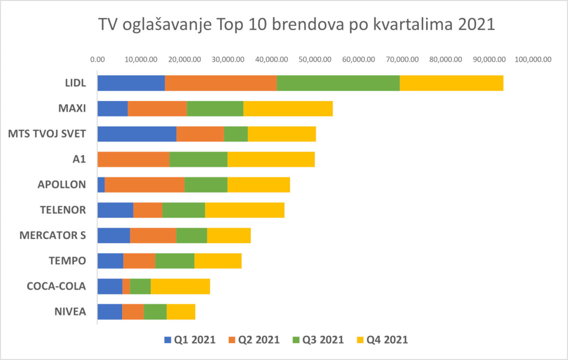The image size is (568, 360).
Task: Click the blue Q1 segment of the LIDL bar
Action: pyautogui.click(x=131, y=83)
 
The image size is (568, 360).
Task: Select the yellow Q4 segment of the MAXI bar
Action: pyautogui.click(x=288, y=108)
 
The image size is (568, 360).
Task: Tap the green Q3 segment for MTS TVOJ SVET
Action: pyautogui.click(x=236, y=134)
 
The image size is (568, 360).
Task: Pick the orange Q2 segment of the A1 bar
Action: pyautogui.click(x=133, y=159)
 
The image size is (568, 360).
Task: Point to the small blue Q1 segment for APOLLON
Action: pyautogui.click(x=101, y=185)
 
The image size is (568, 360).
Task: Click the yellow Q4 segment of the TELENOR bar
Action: pyautogui.click(x=244, y=210)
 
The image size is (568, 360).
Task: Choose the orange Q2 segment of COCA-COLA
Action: pyautogui.click(x=126, y=286)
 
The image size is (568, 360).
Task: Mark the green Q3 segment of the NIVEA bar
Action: pyautogui.click(x=155, y=312)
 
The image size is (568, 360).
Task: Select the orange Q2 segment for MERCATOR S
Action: pyautogui.click(x=153, y=235)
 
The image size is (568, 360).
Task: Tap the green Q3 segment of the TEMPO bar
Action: pyautogui.click(x=174, y=261)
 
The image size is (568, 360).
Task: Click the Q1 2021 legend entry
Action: pyautogui.click(x=190, y=340)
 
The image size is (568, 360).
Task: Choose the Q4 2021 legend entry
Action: pyautogui.click(x=382, y=340)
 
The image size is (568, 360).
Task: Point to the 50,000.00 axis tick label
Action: pyautogui.click(x=315, y=59)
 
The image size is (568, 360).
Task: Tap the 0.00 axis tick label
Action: pyautogui.click(x=97, y=59)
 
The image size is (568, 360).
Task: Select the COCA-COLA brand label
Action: pyautogui.click(x=56, y=286)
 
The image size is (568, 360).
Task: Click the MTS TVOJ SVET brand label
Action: pyautogui.click(x=47, y=134)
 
